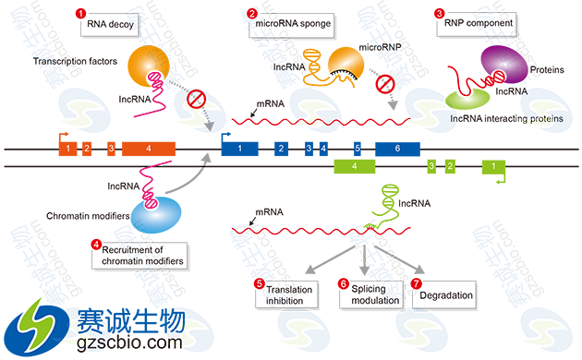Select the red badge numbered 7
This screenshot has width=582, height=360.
coord(417,284)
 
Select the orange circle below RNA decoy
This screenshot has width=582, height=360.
coord(143,66)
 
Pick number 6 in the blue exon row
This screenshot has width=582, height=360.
coord(398,149)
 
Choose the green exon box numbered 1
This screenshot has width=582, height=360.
coord(492,166)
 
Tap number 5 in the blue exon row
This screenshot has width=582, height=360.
coord(358,149)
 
